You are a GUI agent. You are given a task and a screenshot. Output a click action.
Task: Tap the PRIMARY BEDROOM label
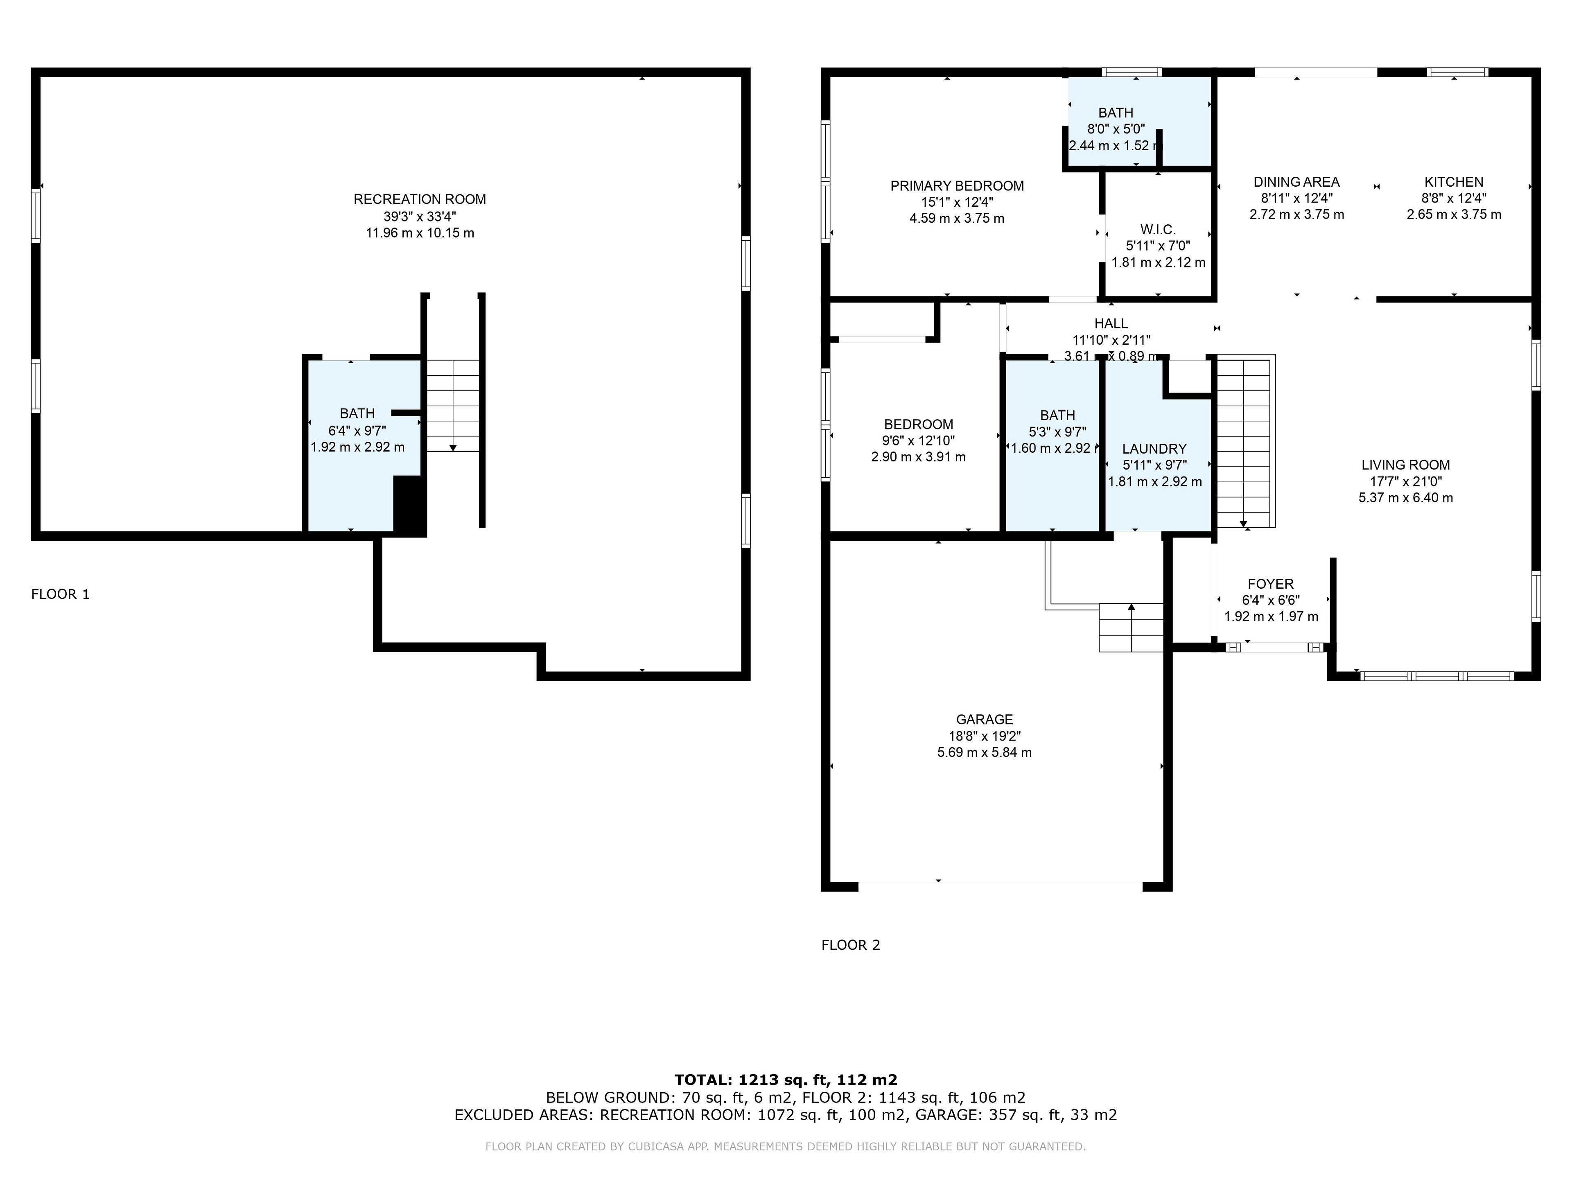(957, 186)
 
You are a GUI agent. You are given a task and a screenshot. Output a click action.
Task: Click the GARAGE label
(984, 720)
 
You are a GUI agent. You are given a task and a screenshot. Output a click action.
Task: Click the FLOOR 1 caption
(61, 594)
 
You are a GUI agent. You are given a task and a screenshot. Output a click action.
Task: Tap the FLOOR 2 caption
(851, 945)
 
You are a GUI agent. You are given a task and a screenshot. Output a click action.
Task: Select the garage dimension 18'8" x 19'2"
(984, 736)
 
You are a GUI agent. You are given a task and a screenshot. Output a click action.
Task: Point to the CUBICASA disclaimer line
(785, 1146)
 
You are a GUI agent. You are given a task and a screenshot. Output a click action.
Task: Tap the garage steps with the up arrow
(1131, 628)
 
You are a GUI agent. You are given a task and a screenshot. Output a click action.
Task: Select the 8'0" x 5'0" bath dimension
(1115, 129)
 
